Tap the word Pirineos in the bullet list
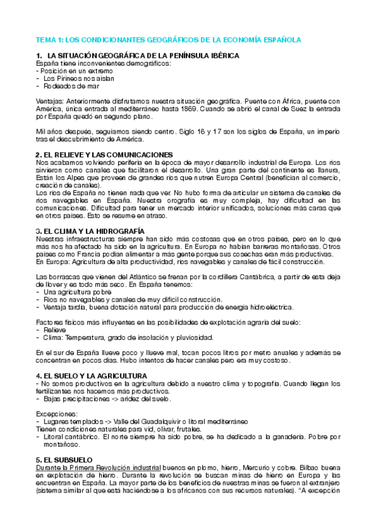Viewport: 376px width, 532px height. pyautogui.click(x=67, y=78)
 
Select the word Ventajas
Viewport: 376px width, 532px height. pyautogui.click(x=49, y=100)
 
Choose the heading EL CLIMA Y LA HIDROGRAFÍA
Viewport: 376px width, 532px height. pyautogui.click(x=94, y=231)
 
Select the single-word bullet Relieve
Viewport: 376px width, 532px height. pyautogui.click(x=54, y=329)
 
